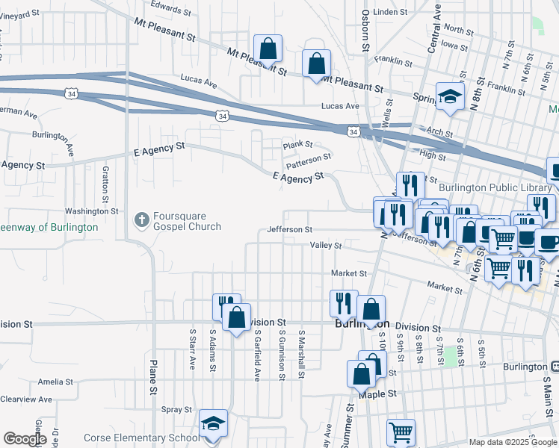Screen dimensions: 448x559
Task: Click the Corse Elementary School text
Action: tap(141, 438)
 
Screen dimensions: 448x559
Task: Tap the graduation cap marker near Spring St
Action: tap(450, 96)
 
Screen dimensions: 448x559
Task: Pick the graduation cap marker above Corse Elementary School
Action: tap(213, 423)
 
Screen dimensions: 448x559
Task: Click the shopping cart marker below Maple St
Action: tap(401, 432)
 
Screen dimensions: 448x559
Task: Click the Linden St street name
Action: tap(389, 12)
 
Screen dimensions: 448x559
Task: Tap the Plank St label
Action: tap(297, 145)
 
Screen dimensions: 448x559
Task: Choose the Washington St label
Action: tap(92, 211)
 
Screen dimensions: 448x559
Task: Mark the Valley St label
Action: tap(326, 245)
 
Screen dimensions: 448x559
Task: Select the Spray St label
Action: tap(176, 410)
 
